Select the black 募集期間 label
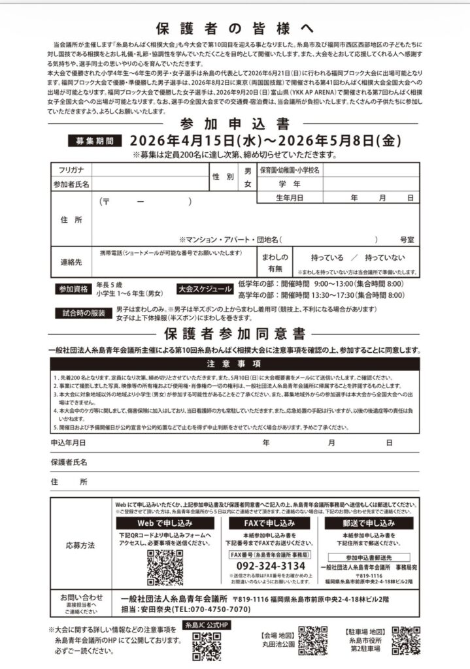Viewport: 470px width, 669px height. [95, 141]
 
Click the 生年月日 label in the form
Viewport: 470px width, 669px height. [289, 197]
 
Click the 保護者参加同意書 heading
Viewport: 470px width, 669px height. [235, 334]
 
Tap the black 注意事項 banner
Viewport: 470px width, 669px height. [235, 363]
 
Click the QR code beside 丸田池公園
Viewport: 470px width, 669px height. [312, 641]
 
